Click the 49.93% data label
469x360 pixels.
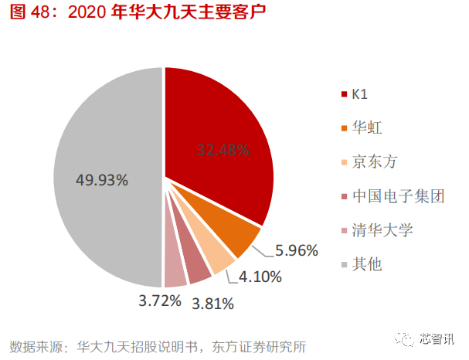tap(101, 179)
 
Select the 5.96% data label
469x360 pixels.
tap(296, 250)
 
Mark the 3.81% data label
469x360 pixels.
tap(212, 303)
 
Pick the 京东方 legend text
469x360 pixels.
tap(374, 162)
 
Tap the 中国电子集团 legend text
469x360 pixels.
tap(397, 196)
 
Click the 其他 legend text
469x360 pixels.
tap(366, 264)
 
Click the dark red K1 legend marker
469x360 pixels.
tap(342, 95)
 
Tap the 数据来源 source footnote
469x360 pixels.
tap(162, 344)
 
